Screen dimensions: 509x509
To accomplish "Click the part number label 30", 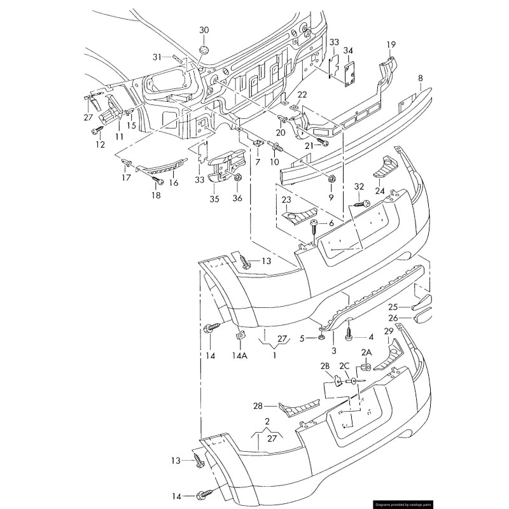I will click(204, 30).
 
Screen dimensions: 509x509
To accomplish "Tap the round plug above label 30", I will click(204, 50).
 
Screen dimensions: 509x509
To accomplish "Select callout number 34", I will click(348, 50).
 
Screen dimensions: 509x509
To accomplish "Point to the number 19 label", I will click(391, 44).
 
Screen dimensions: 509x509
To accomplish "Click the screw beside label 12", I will click(97, 130).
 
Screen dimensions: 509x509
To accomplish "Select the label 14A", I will click(240, 356).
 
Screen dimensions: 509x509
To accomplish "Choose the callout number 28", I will click(258, 406).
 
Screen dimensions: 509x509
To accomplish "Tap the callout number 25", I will click(410, 307).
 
